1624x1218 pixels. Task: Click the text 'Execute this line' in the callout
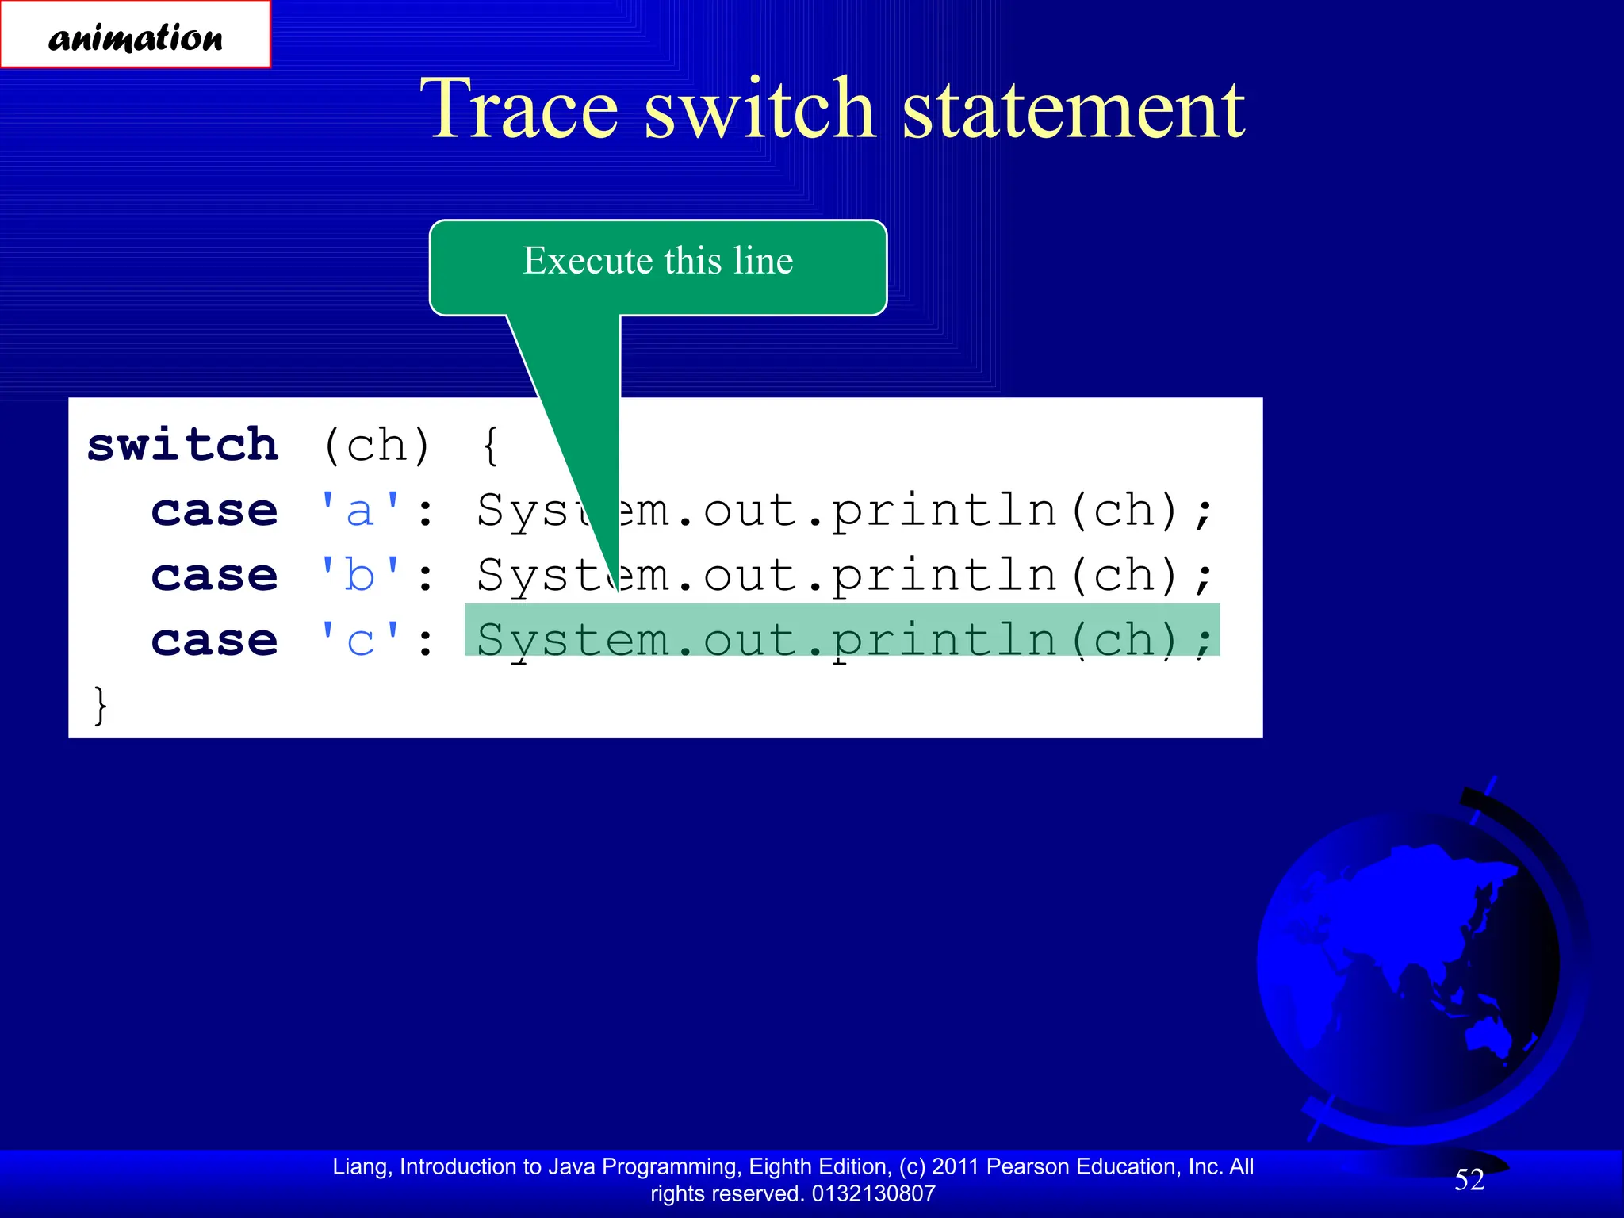click(x=657, y=261)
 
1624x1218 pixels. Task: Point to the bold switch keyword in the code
click(x=183, y=445)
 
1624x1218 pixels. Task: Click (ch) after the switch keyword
click(x=376, y=446)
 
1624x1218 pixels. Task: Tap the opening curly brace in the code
click(x=491, y=446)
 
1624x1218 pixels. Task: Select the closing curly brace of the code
click(x=100, y=705)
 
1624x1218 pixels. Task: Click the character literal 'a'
click(x=360, y=511)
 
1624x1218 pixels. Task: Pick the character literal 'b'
click(x=360, y=575)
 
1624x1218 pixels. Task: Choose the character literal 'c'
click(x=360, y=640)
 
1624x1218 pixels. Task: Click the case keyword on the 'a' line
click(x=215, y=511)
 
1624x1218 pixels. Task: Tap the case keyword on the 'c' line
click(x=215, y=640)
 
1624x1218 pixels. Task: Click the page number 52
click(x=1469, y=1180)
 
